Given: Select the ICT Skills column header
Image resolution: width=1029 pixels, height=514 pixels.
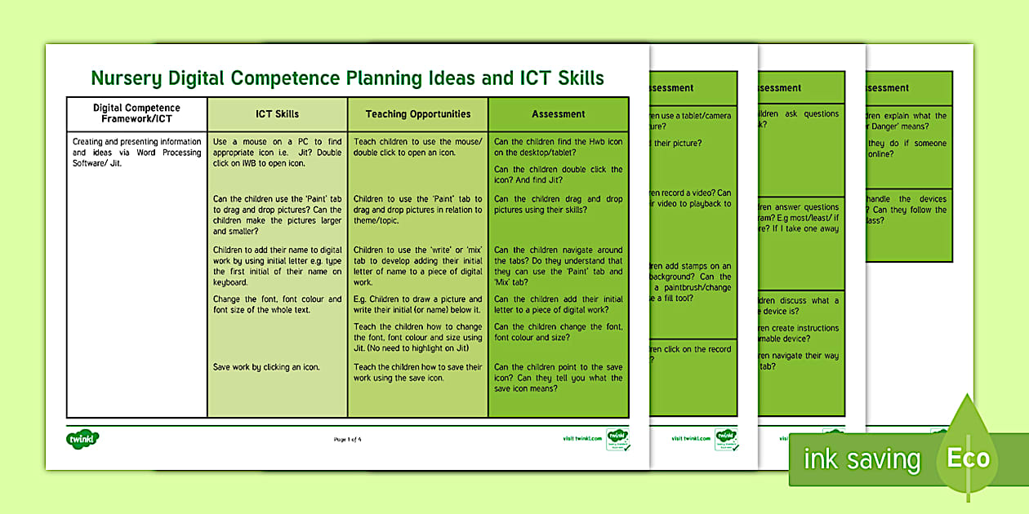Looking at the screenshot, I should (x=277, y=114).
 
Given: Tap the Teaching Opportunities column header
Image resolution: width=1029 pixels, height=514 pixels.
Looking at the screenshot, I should (x=417, y=114).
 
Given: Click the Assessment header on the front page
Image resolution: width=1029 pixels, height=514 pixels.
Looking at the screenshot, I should (x=558, y=114).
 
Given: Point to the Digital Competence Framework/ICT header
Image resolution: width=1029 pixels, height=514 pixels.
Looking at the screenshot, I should (x=136, y=113).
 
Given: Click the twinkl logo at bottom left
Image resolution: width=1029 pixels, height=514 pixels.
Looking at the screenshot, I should (x=82, y=439).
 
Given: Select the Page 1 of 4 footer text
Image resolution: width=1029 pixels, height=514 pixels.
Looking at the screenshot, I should (x=348, y=440).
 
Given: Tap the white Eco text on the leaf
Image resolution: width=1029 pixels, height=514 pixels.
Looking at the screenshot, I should (x=968, y=458).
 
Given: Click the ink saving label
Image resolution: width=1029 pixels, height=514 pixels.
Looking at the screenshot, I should (x=862, y=460).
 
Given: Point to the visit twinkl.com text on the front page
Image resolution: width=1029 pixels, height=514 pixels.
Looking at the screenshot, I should (x=582, y=438).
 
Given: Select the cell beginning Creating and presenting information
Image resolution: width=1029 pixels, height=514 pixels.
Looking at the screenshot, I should (x=136, y=152).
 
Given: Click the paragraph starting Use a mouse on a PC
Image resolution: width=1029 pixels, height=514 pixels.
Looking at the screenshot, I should (x=277, y=152).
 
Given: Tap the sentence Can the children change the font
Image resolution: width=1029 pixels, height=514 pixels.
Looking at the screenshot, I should (x=558, y=332).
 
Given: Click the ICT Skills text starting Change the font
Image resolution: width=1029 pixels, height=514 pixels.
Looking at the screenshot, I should (x=277, y=304).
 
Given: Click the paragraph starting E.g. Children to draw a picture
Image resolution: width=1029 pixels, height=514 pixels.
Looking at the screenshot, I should (x=417, y=304).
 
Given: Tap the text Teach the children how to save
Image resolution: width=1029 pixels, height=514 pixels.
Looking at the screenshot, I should (x=417, y=372).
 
